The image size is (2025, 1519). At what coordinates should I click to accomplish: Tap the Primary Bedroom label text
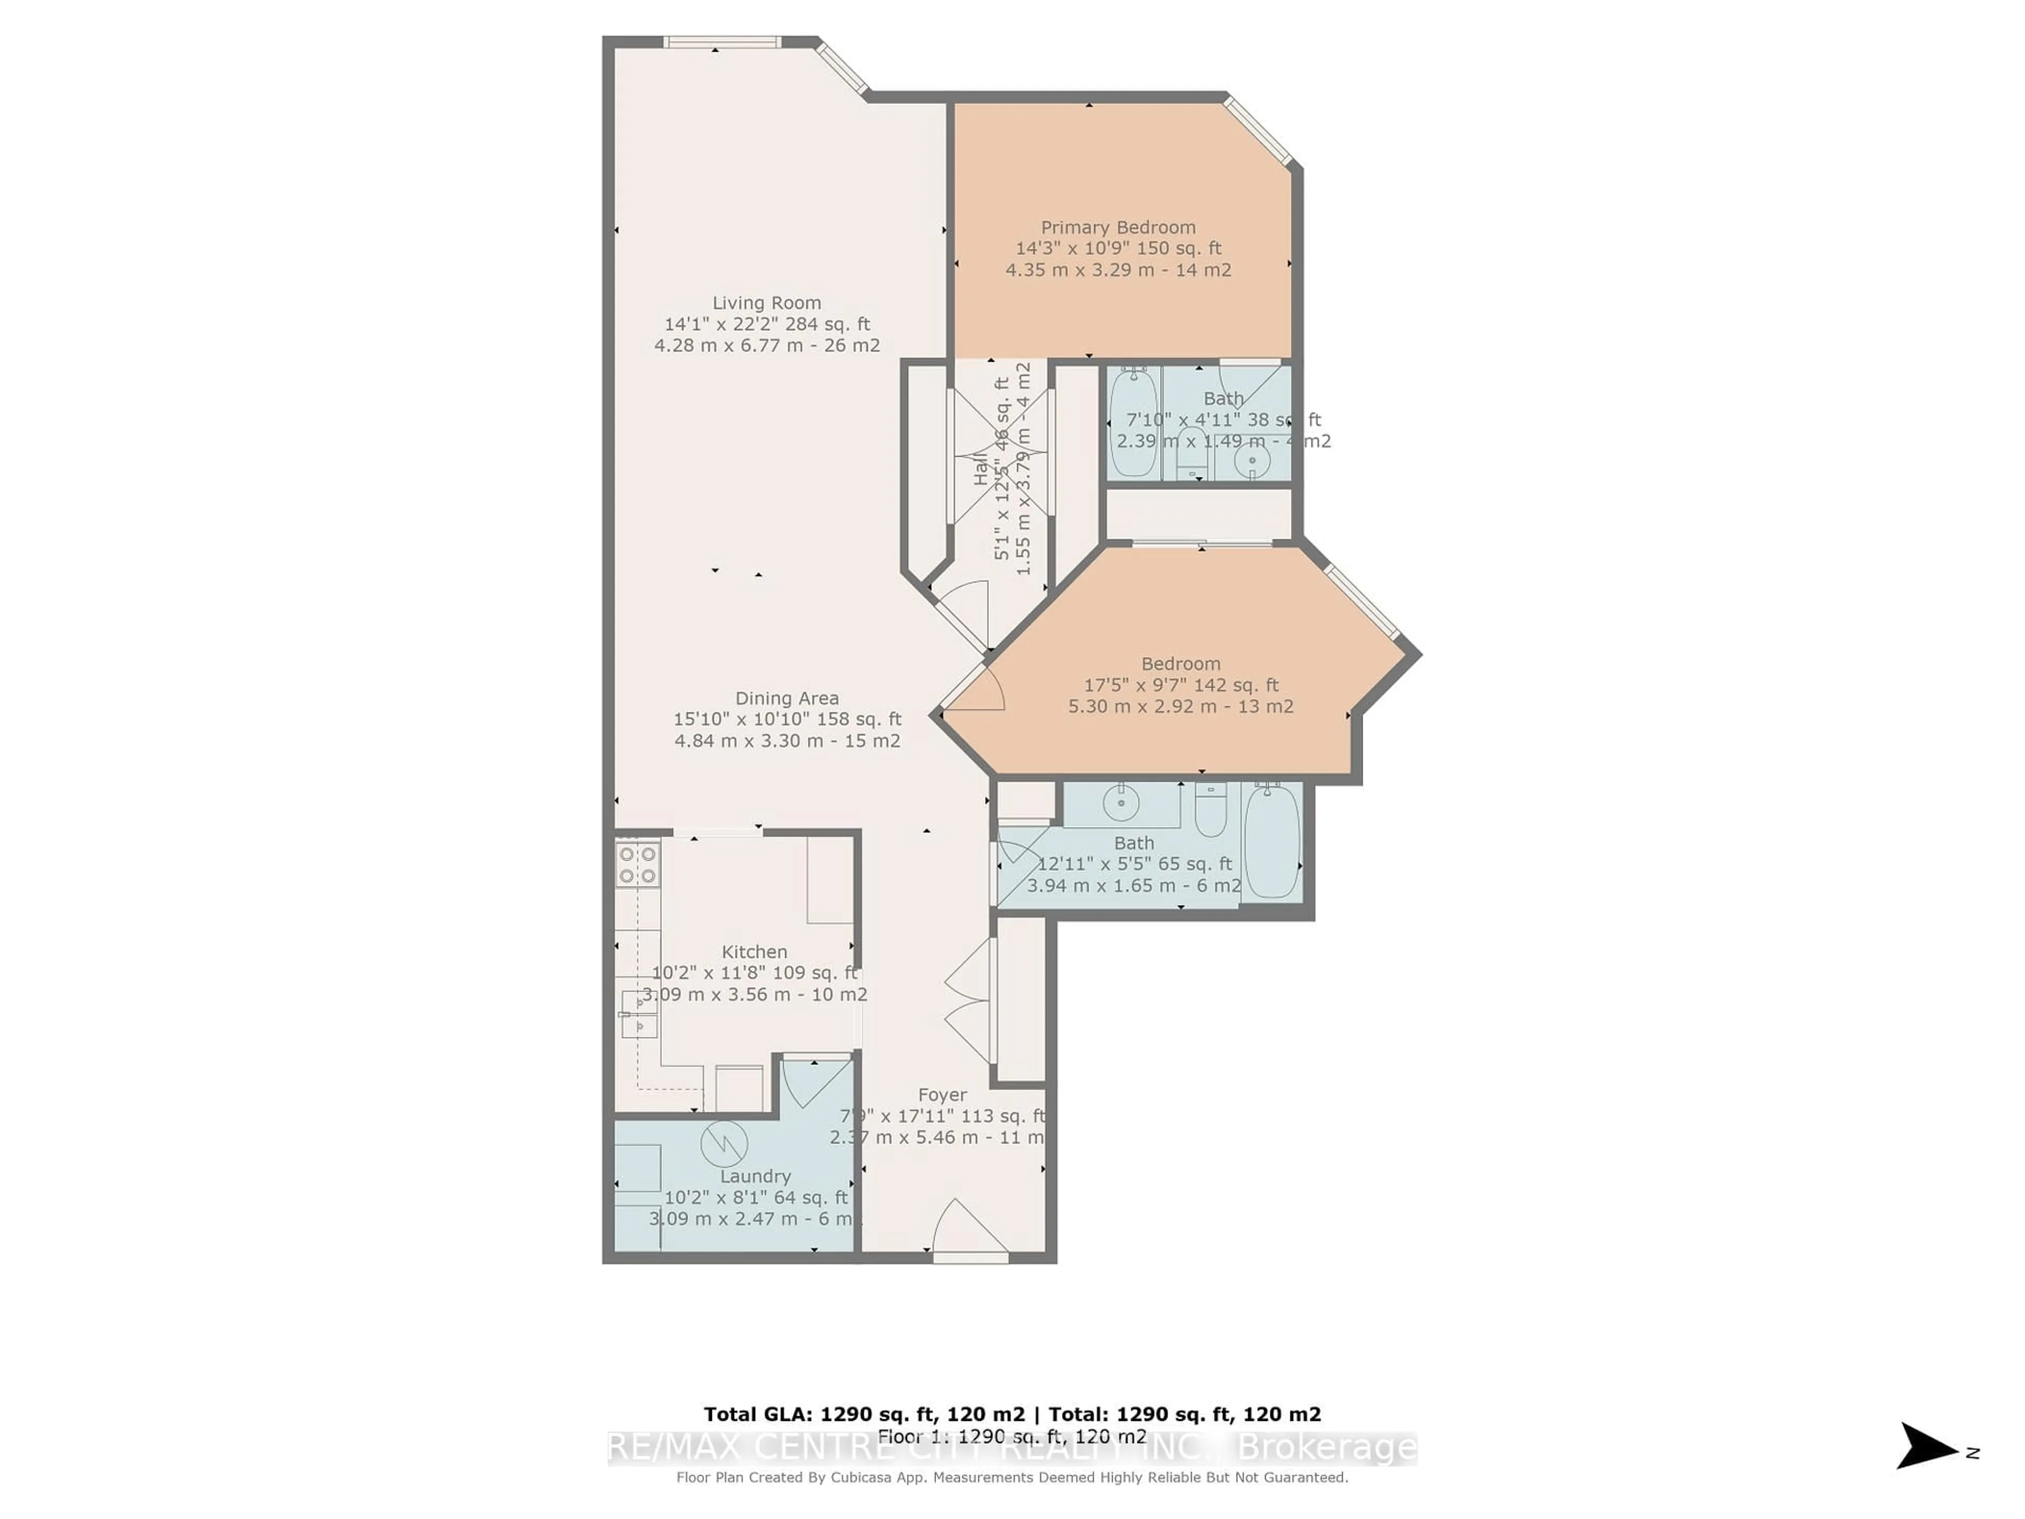[x=1118, y=227]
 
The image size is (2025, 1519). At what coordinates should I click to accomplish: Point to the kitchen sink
[x=639, y=1014]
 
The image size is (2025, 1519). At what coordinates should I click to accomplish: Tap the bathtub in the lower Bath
[x=1271, y=841]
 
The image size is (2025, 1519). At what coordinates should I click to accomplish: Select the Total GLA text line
[x=1011, y=1415]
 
